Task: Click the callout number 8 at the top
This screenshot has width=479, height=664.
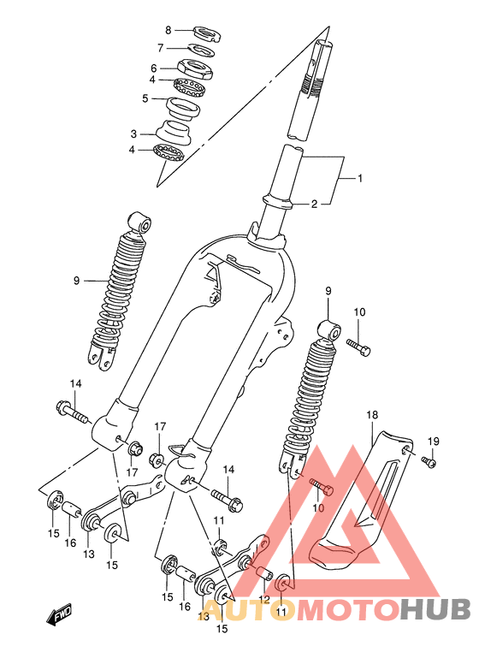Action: tap(168, 30)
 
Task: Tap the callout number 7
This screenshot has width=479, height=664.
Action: tap(160, 48)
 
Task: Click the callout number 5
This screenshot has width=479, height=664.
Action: tap(145, 98)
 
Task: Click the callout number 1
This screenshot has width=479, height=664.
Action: tap(360, 178)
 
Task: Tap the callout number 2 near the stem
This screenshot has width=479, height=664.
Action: tap(314, 205)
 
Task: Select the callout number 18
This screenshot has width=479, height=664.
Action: tap(372, 415)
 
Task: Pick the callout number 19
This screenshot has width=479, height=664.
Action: tap(434, 442)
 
